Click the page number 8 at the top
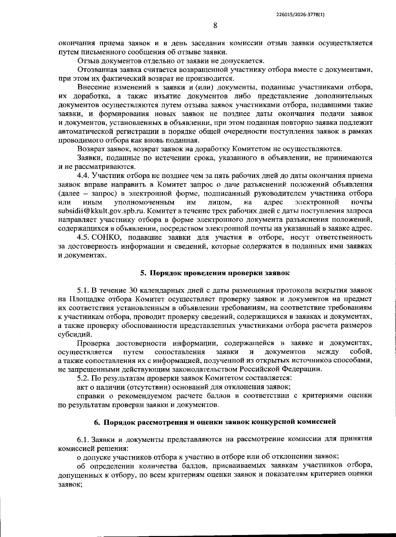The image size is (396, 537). [x=215, y=25]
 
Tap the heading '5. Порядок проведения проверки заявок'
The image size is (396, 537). [x=215, y=273]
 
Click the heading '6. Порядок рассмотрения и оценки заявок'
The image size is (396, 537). [x=215, y=422]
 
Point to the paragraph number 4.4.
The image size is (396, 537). [x=83, y=175]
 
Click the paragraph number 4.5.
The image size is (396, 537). [x=83, y=237]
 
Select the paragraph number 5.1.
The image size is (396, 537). [x=83, y=290]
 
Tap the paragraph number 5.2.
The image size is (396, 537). [x=83, y=378]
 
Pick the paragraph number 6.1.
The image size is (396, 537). [x=83, y=439]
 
